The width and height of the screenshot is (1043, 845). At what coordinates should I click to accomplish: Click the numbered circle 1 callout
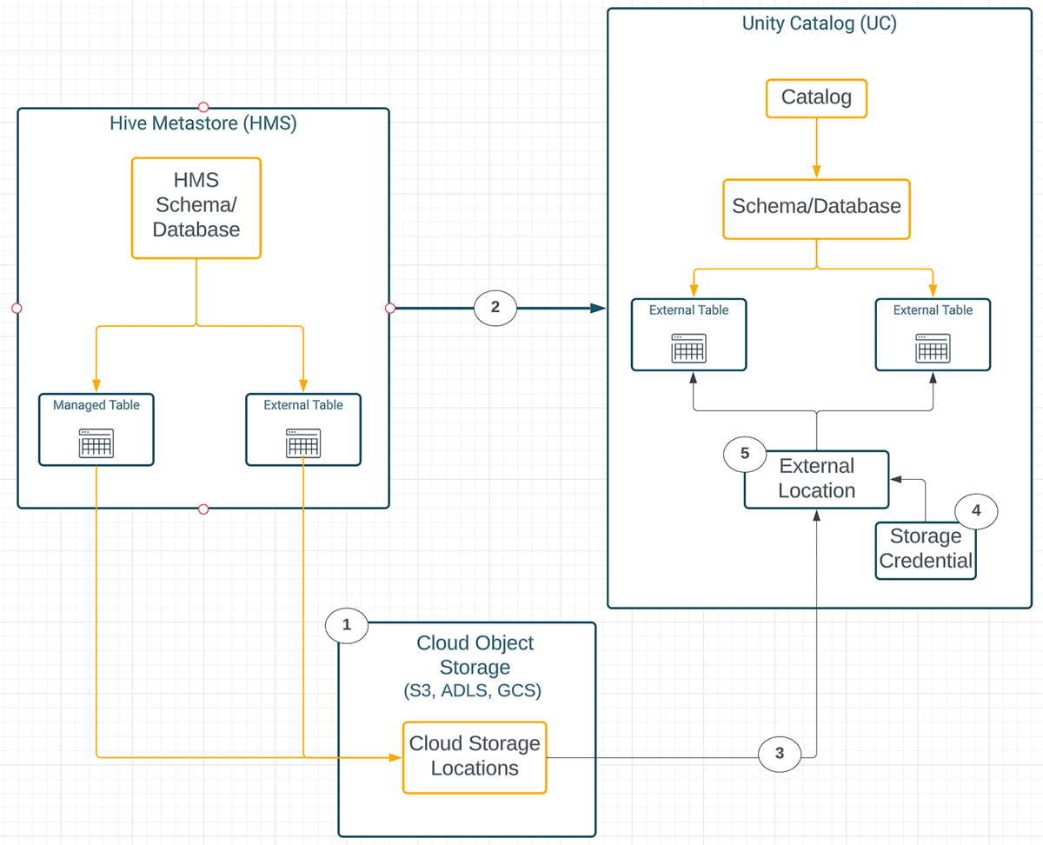tap(347, 624)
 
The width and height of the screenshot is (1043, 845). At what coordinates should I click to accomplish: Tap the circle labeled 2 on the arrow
tap(495, 307)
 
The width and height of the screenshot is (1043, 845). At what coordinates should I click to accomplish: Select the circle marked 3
tap(780, 754)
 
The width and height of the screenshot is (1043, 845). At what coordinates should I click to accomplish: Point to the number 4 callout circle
tap(976, 511)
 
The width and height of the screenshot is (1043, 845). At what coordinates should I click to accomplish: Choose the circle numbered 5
tap(744, 453)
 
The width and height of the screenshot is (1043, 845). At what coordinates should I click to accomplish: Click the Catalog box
tap(816, 97)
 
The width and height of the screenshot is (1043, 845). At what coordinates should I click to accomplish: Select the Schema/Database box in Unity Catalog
tap(816, 209)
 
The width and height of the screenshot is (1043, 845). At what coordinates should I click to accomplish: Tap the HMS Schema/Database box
tap(196, 207)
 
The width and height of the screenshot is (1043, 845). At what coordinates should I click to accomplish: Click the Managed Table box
tap(96, 429)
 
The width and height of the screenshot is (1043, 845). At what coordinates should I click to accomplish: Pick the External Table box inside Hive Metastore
tap(302, 429)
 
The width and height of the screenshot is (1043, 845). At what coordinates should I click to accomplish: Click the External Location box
tap(816, 479)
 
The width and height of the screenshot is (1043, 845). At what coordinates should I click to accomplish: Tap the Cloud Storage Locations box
tap(475, 757)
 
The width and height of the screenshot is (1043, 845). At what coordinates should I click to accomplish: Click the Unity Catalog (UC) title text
tap(819, 23)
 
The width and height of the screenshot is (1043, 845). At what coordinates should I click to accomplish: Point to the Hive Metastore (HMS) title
tap(203, 123)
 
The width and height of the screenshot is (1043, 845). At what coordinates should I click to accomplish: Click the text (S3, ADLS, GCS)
tap(474, 692)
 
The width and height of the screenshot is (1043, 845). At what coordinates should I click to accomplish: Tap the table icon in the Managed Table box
tap(96, 443)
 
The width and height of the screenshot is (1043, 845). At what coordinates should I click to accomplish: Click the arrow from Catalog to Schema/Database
tap(816, 149)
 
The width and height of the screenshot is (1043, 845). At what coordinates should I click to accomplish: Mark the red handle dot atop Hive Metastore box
tap(203, 107)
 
